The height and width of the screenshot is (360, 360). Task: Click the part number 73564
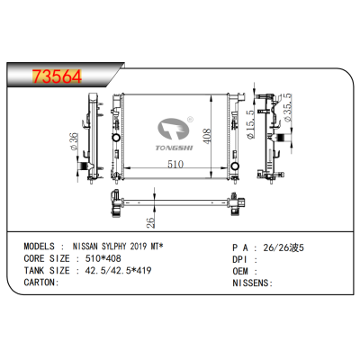[x=57, y=76]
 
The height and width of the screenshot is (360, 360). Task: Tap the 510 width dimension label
[x=175, y=164]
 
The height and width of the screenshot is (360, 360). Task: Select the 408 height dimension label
[x=206, y=136]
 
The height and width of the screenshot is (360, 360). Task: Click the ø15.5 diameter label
[x=250, y=124]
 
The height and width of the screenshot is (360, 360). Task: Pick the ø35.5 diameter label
[x=287, y=108]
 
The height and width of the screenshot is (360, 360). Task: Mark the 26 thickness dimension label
[x=151, y=222]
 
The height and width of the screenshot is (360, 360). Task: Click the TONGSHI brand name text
[x=175, y=148]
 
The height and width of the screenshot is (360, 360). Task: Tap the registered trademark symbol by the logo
[x=190, y=120]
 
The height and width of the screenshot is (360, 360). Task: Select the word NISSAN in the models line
[x=85, y=247]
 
